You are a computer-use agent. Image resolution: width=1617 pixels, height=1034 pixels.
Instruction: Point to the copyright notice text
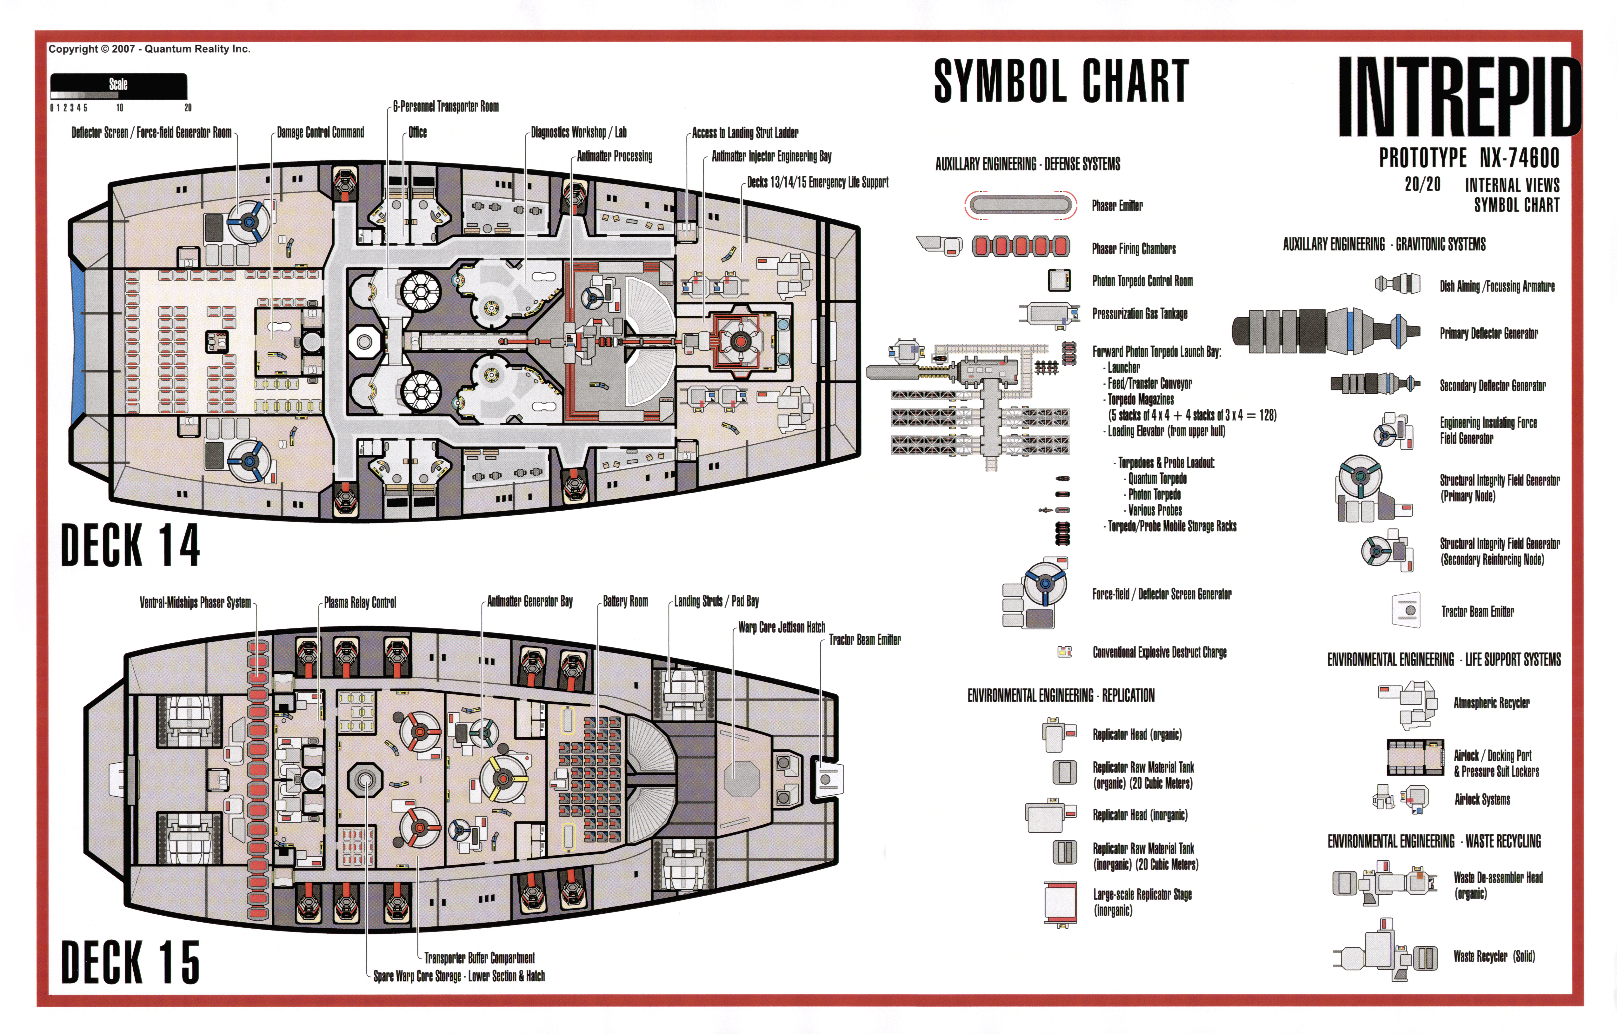[149, 49]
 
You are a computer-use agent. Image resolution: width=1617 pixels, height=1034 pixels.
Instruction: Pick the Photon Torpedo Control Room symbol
[1060, 280]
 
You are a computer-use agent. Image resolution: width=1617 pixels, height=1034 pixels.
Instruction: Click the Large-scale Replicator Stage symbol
[1060, 902]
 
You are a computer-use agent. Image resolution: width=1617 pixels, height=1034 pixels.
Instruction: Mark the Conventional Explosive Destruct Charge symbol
[1064, 651]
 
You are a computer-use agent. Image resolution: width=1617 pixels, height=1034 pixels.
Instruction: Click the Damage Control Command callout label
[320, 132]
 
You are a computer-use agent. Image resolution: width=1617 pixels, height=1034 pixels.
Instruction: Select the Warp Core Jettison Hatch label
[782, 627]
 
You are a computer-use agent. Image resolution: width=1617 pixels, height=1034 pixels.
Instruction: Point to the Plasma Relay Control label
[360, 602]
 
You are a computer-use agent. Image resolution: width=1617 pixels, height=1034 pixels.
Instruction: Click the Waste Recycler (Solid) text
[1494, 956]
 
